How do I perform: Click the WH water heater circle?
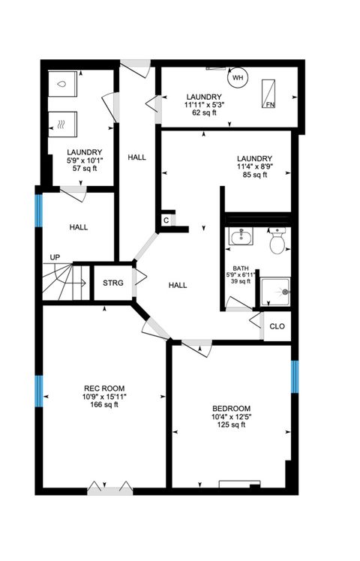click(238, 77)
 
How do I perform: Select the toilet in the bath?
click(277, 240)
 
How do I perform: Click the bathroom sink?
click(241, 238)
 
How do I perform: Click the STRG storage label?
click(113, 283)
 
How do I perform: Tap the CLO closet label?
click(277, 326)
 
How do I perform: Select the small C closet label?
click(166, 221)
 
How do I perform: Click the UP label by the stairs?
click(55, 257)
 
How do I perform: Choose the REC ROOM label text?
click(100, 388)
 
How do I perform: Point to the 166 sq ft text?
click(100, 405)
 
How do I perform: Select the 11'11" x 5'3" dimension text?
click(205, 105)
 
